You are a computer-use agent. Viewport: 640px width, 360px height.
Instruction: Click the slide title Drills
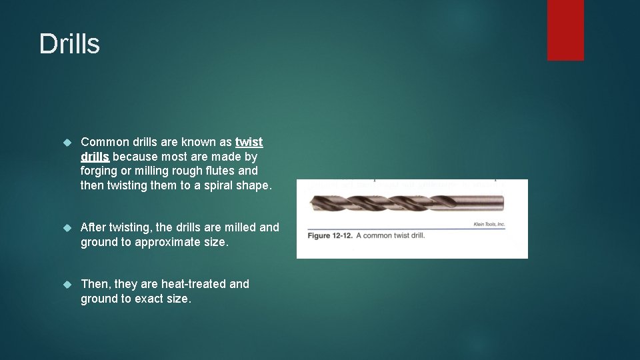tap(69, 44)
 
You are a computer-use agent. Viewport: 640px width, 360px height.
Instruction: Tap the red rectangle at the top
tap(565, 30)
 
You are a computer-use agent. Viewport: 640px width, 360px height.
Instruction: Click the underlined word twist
tap(249, 142)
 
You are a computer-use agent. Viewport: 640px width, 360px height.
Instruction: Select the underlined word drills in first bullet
tap(95, 157)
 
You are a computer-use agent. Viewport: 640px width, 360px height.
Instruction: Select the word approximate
tap(166, 242)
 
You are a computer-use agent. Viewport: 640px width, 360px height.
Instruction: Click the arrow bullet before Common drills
tap(66, 143)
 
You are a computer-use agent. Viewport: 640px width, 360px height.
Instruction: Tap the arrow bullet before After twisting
tap(66, 228)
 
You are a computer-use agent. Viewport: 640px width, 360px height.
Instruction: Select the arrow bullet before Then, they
tap(66, 285)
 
